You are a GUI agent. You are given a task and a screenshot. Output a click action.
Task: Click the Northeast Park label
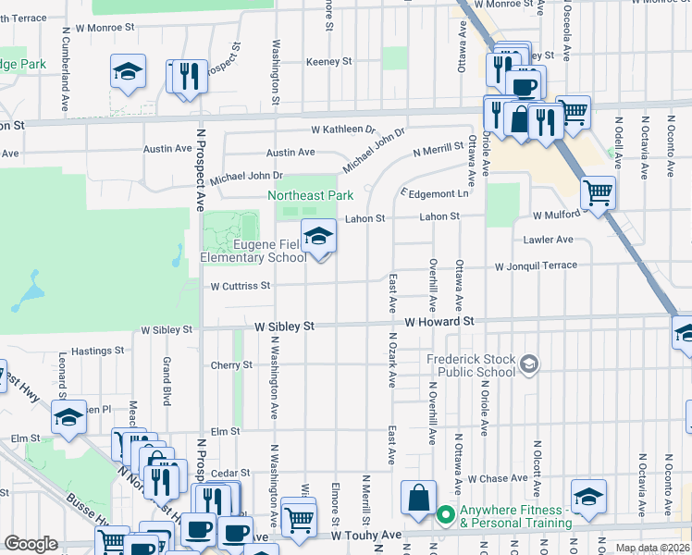[311, 196]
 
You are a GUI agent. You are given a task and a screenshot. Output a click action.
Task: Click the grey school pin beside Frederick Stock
[528, 364]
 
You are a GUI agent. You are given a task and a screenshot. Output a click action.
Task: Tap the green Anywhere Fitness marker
[445, 515]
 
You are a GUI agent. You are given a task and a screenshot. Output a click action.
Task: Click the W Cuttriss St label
[240, 286]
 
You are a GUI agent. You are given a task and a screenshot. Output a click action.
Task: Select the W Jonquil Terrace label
[536, 266]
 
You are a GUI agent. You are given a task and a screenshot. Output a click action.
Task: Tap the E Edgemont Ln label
[435, 193]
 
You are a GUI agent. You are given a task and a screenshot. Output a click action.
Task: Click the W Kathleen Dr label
[343, 129]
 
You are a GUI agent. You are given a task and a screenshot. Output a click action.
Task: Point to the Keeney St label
[330, 62]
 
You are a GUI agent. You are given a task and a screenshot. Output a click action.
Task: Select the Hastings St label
[98, 351]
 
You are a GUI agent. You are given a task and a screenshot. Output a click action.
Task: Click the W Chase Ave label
[497, 479]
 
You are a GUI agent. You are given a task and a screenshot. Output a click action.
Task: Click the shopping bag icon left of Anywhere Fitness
[418, 498]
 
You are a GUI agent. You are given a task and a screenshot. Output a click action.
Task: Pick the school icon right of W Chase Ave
[588, 497]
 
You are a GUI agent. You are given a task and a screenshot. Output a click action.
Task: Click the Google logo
[31, 544]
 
